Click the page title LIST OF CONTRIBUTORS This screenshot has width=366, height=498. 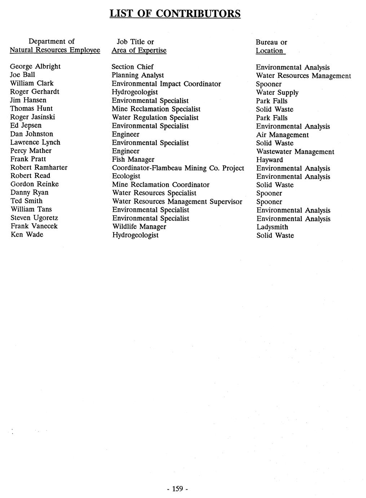click(x=175, y=13)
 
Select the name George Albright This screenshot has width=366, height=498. click(x=35, y=66)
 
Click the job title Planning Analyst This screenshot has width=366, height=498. click(x=138, y=75)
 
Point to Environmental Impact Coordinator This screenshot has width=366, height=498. click(x=166, y=84)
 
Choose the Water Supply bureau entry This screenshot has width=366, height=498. click(x=277, y=92)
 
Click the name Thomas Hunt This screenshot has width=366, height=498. click(x=31, y=108)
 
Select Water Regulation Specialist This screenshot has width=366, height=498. click(x=155, y=117)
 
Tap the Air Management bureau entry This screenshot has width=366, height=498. click(x=282, y=135)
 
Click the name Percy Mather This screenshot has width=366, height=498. click(x=31, y=150)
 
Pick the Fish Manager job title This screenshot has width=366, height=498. click(x=133, y=159)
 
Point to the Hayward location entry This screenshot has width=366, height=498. click(x=269, y=160)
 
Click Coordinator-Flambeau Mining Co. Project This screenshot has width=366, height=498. click(x=178, y=168)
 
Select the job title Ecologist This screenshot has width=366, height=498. click(x=126, y=176)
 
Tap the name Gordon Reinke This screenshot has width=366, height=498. click(x=35, y=184)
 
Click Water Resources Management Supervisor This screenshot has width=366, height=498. click(x=177, y=201)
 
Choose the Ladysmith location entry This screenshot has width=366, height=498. click(x=272, y=227)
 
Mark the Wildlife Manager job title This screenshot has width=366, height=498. click(x=139, y=227)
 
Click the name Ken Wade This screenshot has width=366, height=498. click(x=27, y=235)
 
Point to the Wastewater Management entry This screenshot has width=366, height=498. click(x=295, y=152)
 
